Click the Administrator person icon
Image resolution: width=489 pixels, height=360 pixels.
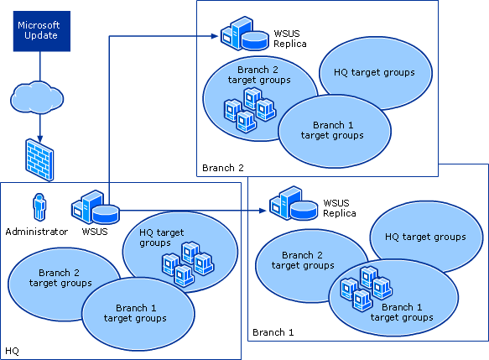[38, 207]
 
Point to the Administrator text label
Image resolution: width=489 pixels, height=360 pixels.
[36, 232]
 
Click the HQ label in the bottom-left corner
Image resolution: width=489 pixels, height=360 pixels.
[13, 350]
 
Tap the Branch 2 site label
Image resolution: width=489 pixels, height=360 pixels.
[222, 168]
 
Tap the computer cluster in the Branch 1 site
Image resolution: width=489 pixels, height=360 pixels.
[365, 285]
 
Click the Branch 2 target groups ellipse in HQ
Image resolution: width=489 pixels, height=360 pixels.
[60, 278]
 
